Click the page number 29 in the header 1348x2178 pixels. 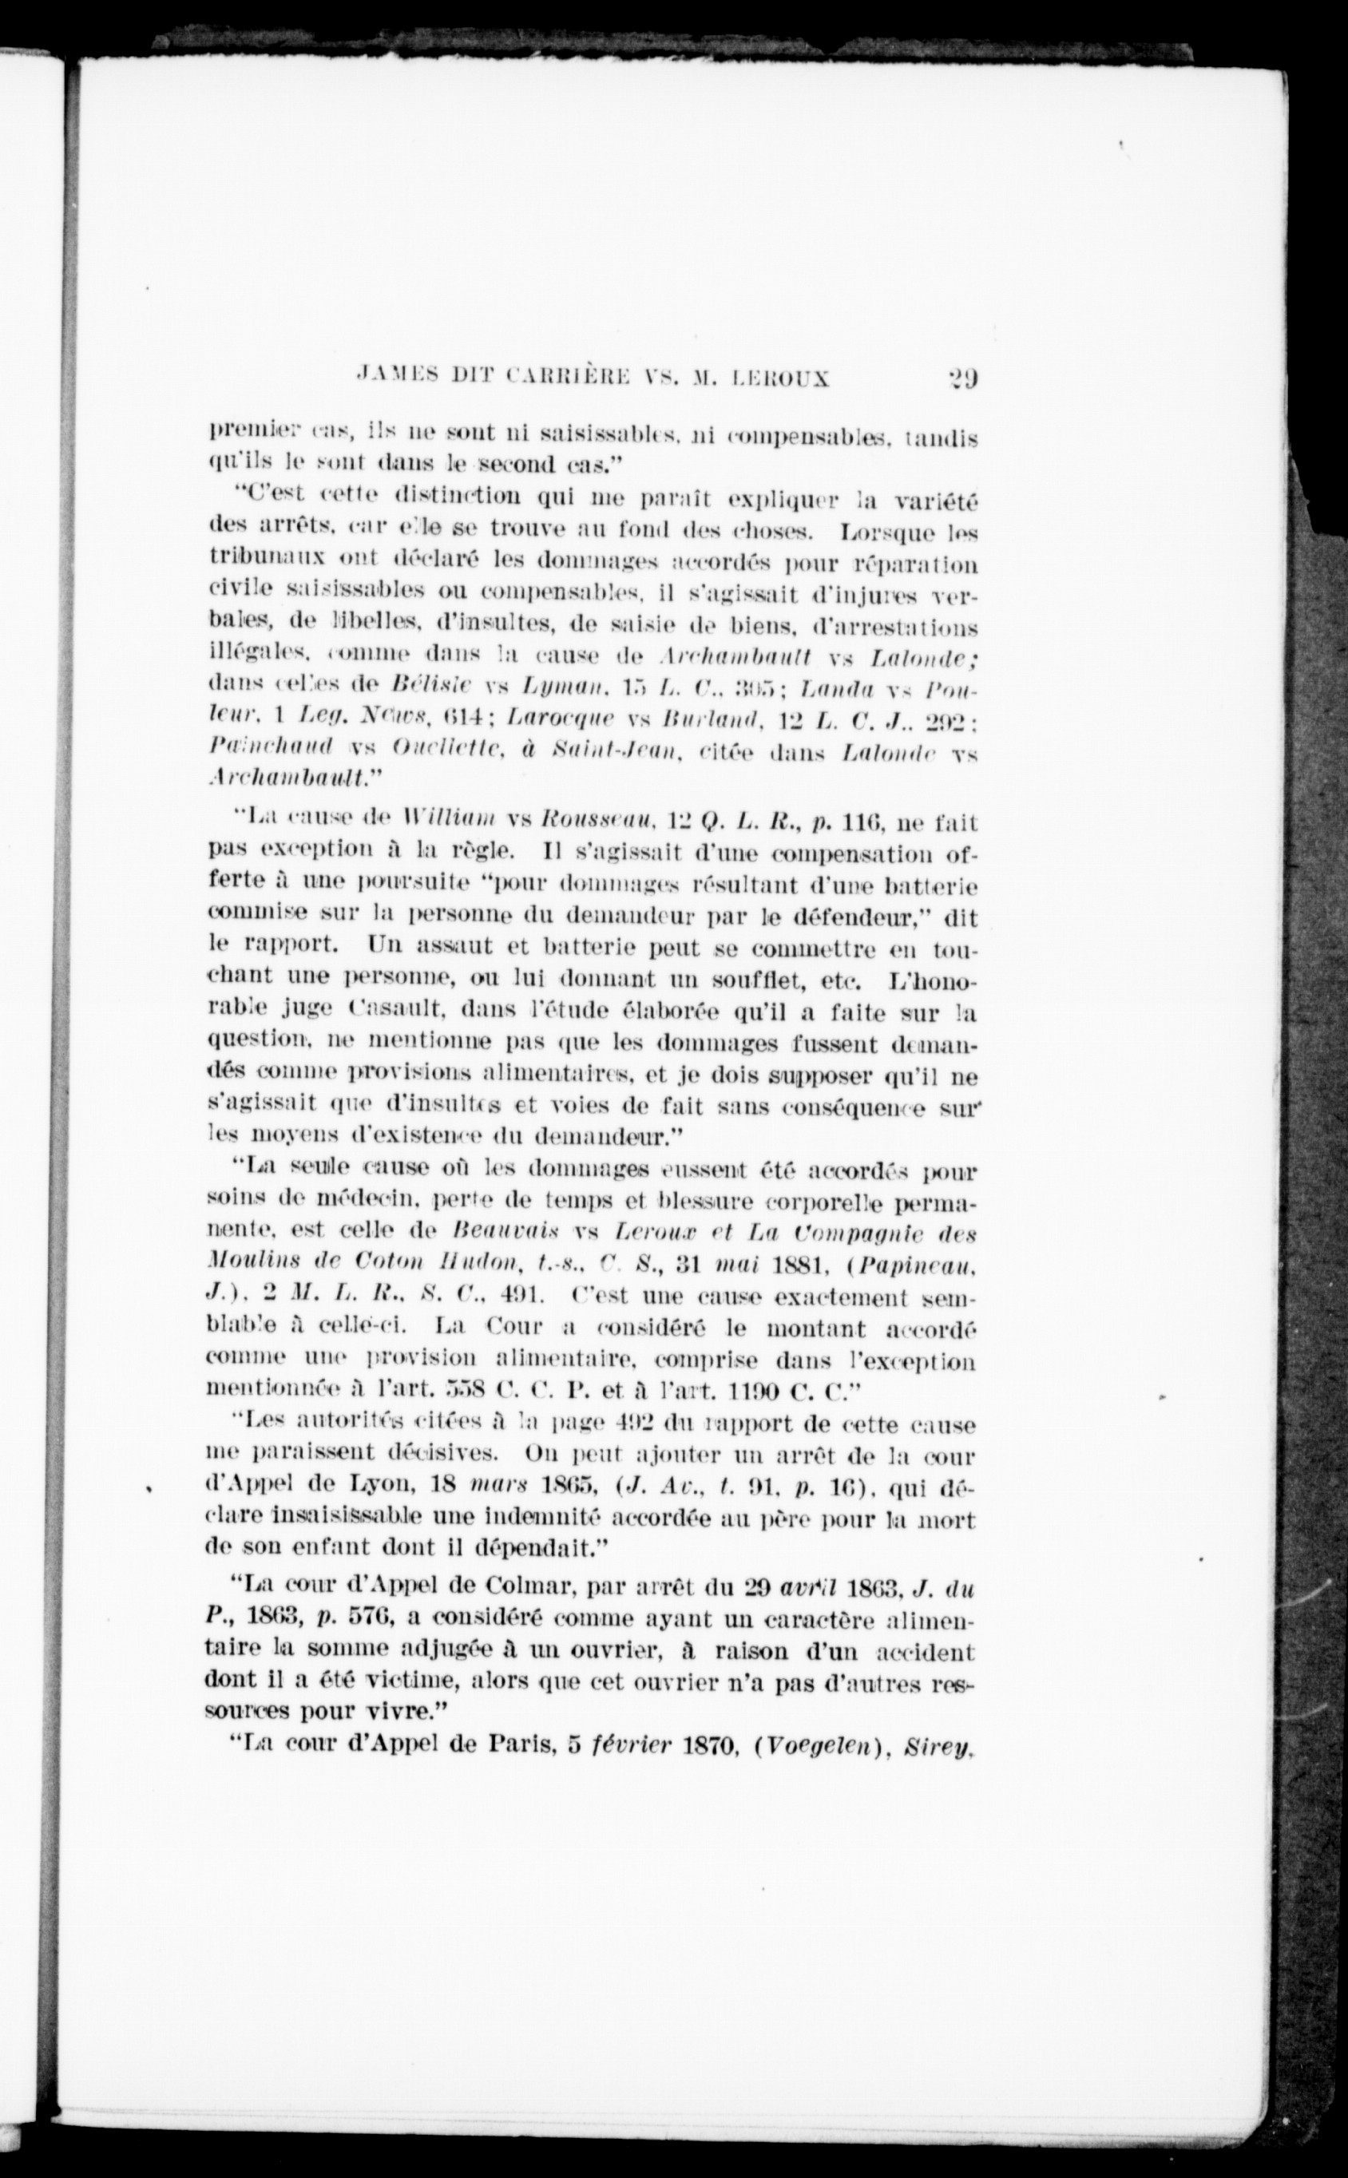point(960,377)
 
